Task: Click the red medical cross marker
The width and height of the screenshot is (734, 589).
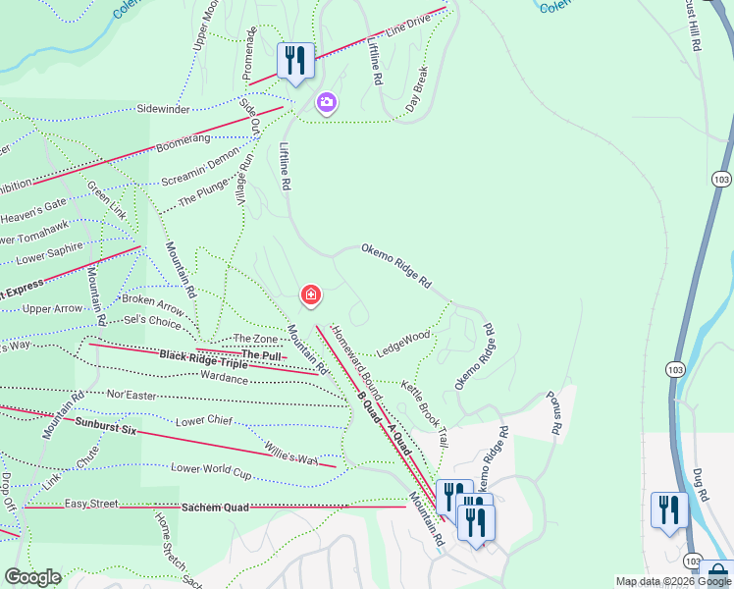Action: click(x=310, y=294)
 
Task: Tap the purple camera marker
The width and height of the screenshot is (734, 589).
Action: click(x=326, y=101)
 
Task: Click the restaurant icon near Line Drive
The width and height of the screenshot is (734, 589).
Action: click(x=295, y=60)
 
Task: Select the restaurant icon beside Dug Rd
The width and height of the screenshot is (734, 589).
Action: click(x=670, y=509)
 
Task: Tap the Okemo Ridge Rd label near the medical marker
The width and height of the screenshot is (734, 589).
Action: click(x=396, y=266)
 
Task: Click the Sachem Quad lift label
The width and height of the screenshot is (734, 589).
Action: click(x=215, y=507)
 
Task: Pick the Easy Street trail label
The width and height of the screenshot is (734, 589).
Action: click(x=91, y=504)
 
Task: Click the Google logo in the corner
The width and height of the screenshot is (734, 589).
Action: click(x=31, y=577)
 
